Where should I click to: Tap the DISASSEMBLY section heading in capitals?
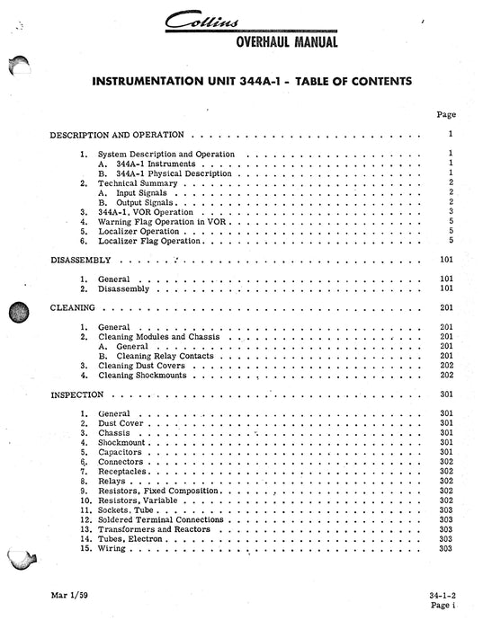click(x=78, y=259)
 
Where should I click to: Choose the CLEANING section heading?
click(x=71, y=306)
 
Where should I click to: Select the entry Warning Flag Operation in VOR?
click(x=154, y=221)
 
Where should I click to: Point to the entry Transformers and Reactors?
click(x=155, y=530)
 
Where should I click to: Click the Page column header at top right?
click(x=445, y=114)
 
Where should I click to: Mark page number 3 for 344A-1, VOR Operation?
click(x=449, y=211)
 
